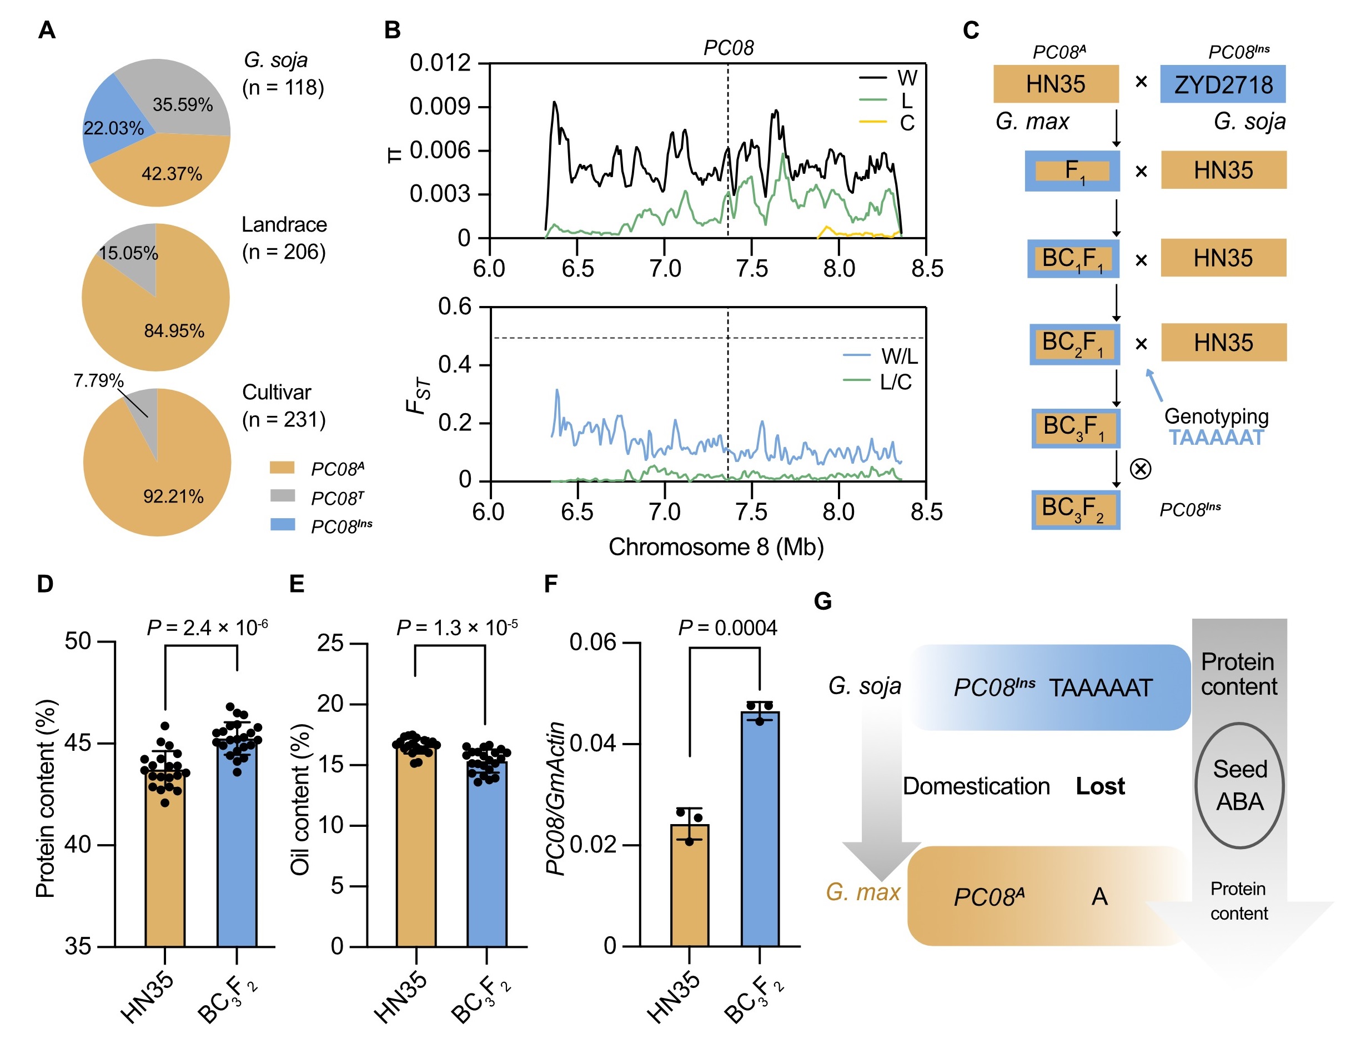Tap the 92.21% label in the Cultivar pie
coord(173,496)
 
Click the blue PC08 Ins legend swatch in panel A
coord(283,524)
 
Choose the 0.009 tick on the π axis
coord(440,107)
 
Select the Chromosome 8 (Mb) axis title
coord(716,547)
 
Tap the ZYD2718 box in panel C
coord(1222,84)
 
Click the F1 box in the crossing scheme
coord(1072,170)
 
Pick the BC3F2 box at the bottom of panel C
coord(1075,509)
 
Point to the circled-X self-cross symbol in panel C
coord(1140,468)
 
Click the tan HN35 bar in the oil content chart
coord(416,847)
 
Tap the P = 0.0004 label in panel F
coord(727,628)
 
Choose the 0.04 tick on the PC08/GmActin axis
coord(593,743)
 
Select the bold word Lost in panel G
coord(1100,786)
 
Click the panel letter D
coord(44,584)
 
